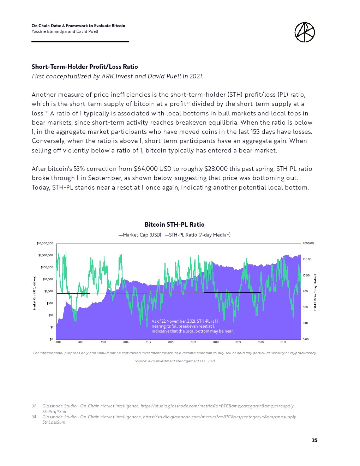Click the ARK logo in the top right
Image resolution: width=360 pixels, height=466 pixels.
click(x=304, y=32)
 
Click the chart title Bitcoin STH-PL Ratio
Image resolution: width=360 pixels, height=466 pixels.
click(x=174, y=225)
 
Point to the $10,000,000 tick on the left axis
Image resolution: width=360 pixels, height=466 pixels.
click(x=45, y=243)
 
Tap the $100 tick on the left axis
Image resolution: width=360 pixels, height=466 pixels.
click(x=50, y=303)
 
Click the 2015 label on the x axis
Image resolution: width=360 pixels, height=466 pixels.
click(x=148, y=342)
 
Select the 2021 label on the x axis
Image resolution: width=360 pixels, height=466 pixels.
click(x=283, y=342)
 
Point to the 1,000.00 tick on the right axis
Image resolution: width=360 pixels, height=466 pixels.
click(x=308, y=243)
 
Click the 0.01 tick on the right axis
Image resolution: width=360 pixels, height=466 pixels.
click(x=305, y=323)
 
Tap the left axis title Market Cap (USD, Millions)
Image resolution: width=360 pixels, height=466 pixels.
click(x=35, y=293)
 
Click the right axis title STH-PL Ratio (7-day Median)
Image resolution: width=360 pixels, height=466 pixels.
click(x=315, y=293)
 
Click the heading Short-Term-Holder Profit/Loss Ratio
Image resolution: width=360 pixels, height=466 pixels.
click(x=85, y=67)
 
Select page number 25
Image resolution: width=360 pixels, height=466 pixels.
click(x=314, y=440)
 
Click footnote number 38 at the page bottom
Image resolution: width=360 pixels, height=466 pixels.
click(x=34, y=417)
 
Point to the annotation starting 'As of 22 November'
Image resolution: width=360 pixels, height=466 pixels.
click(x=192, y=326)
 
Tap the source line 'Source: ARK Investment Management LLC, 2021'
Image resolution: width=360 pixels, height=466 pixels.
click(x=175, y=361)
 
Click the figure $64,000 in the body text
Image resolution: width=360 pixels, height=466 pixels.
click(x=146, y=169)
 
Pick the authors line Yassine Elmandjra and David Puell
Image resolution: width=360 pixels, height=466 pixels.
click(x=65, y=31)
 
